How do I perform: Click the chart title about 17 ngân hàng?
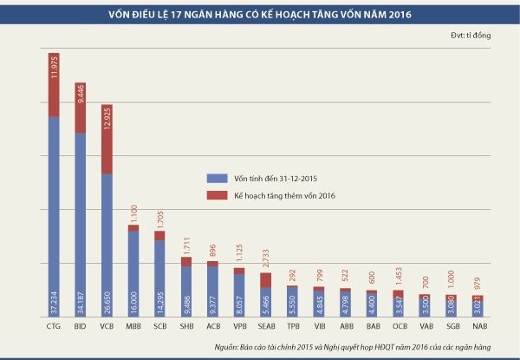point(259,14)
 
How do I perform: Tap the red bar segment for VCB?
point(106,139)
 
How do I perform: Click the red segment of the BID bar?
point(80,108)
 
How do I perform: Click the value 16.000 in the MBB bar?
point(133,300)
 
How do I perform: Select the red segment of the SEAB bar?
point(265,279)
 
